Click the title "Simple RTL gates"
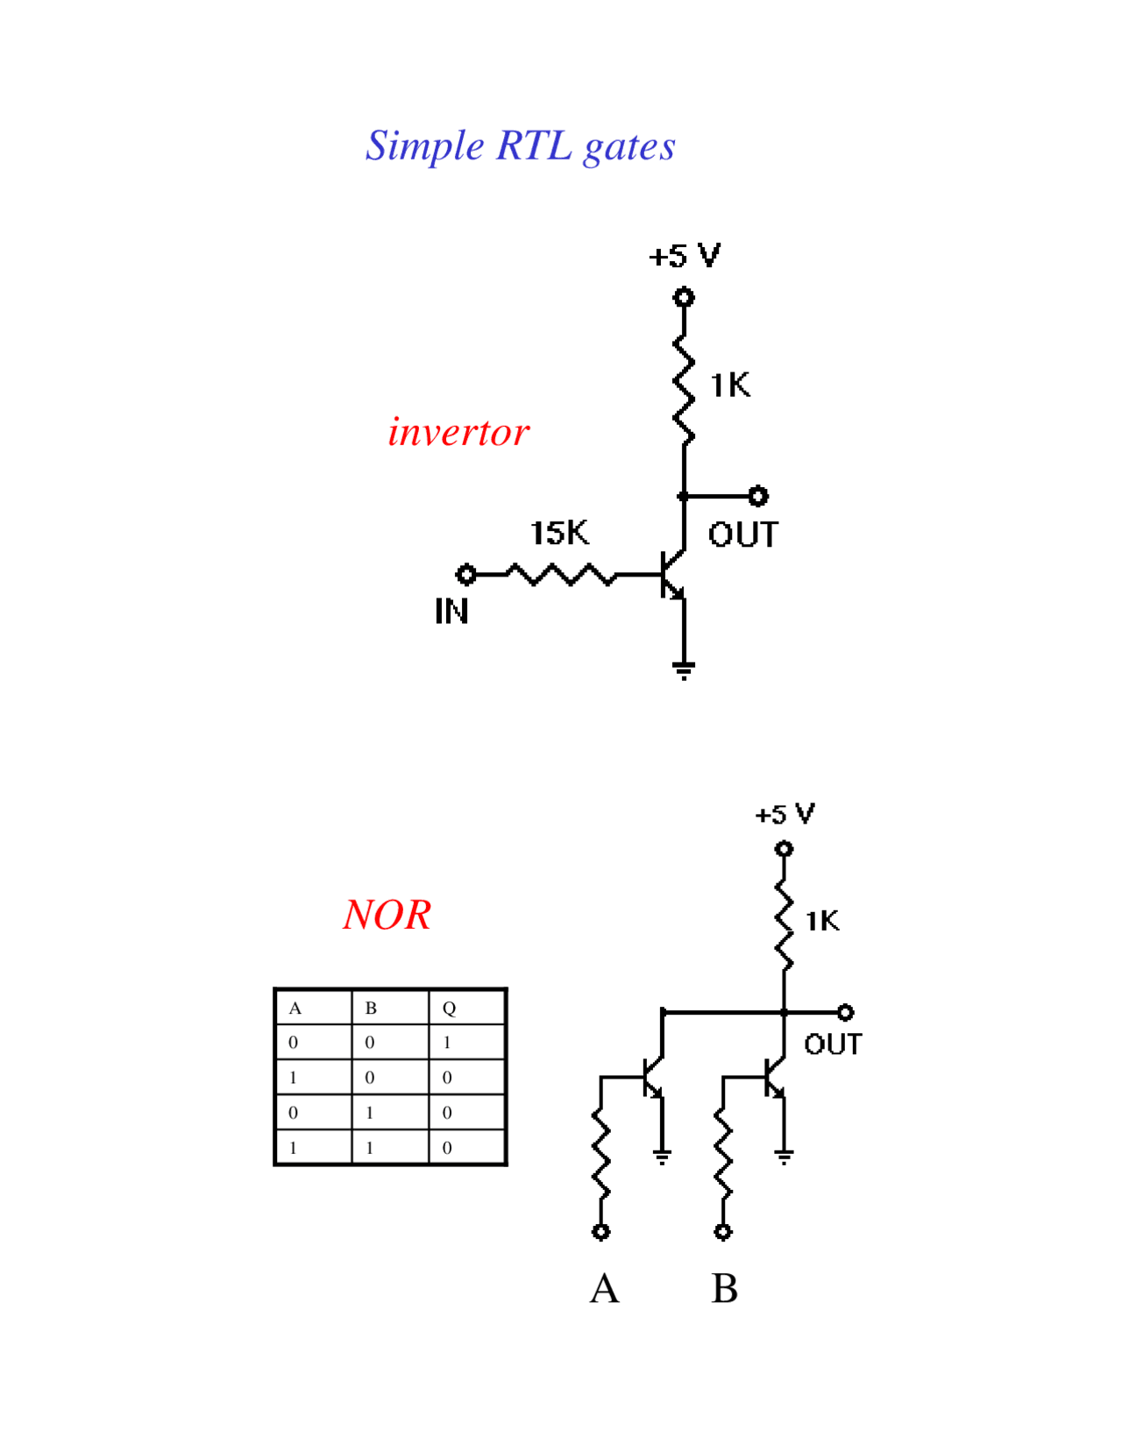(x=520, y=146)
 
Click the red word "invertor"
(x=458, y=432)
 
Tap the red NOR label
(x=387, y=915)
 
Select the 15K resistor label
(x=559, y=533)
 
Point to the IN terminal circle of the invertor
(x=466, y=575)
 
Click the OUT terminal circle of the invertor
(x=758, y=497)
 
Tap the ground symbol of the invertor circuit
(x=684, y=670)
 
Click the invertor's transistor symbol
(x=671, y=574)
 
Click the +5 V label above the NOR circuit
(x=785, y=815)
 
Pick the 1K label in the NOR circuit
(x=822, y=921)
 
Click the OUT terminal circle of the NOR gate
(x=845, y=1013)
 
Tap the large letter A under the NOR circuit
(x=604, y=1289)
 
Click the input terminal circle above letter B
(x=723, y=1232)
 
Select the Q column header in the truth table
(x=449, y=1009)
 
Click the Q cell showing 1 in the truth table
(x=447, y=1043)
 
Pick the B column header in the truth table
(x=371, y=1009)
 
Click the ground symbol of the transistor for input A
(x=663, y=1157)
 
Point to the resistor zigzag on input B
(x=723, y=1152)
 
